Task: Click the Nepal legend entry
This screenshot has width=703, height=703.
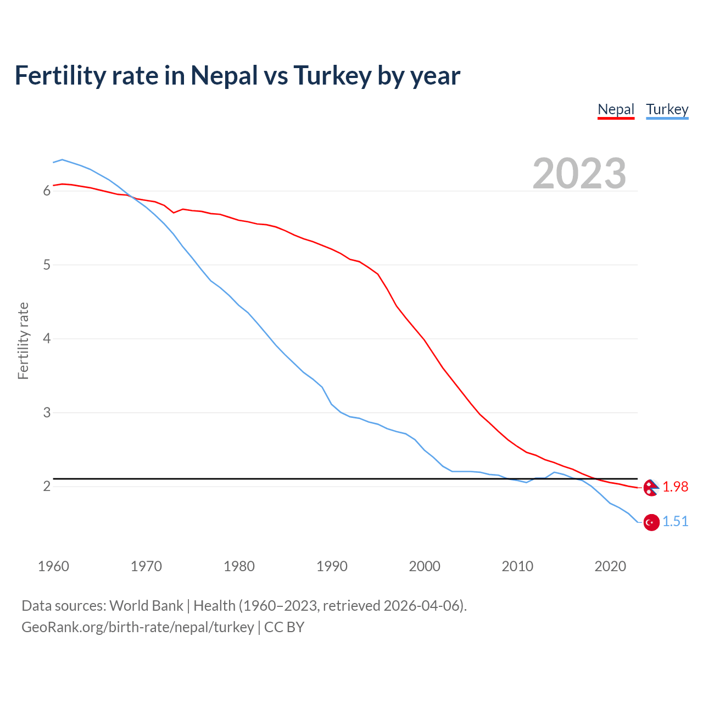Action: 616,109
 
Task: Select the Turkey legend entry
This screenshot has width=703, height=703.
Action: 667,109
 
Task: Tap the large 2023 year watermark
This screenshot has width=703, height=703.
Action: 579,174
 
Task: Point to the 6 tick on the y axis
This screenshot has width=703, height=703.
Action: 47,191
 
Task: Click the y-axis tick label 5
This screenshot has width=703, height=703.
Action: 47,265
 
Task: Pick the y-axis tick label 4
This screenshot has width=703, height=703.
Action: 47,339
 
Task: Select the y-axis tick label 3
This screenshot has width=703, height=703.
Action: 47,412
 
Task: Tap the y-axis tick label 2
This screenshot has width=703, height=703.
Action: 47,487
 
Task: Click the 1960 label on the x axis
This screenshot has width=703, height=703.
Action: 53,566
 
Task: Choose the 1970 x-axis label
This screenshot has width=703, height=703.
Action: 146,566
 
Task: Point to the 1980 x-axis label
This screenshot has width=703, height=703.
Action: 239,566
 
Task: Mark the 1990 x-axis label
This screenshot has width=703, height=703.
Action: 332,566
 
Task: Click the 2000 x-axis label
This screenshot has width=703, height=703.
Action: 425,566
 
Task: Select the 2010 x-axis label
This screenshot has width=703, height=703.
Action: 517,566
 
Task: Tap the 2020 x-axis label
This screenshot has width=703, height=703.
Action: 610,566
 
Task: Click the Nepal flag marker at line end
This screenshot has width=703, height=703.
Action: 651,487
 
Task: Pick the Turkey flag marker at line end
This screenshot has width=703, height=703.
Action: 651,522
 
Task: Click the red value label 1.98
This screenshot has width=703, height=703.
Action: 675,487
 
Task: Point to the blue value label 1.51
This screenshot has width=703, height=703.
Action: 675,522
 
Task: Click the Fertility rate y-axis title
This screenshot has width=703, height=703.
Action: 23,341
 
